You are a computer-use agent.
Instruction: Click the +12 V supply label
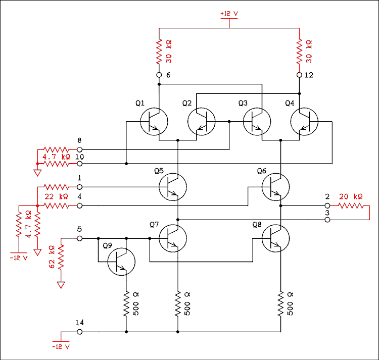click(228, 13)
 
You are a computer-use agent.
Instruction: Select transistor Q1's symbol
click(154, 122)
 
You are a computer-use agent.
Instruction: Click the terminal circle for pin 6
click(159, 75)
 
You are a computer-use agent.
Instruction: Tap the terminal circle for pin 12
click(300, 75)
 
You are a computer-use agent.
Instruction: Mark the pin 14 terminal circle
click(80, 332)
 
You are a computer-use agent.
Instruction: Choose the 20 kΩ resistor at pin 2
click(351, 206)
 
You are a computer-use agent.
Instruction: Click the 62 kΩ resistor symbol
click(61, 258)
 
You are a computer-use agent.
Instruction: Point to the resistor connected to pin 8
click(56, 150)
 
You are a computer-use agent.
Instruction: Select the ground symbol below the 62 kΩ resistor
click(61, 285)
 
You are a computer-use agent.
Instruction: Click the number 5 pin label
click(79, 229)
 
